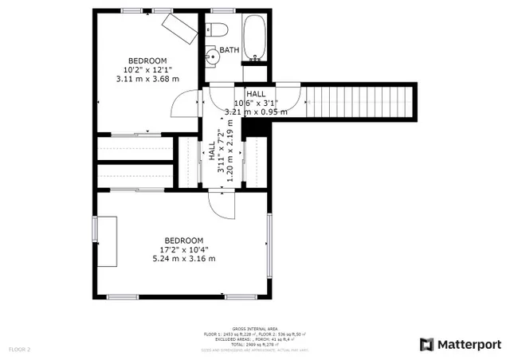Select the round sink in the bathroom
point(211,57)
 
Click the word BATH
point(229,50)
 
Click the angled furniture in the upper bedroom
point(178,29)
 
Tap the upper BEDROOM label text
point(147,61)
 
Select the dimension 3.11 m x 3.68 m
point(147,79)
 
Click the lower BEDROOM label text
point(184,241)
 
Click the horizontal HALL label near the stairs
point(256,94)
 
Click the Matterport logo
point(460,344)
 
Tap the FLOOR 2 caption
point(19,349)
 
